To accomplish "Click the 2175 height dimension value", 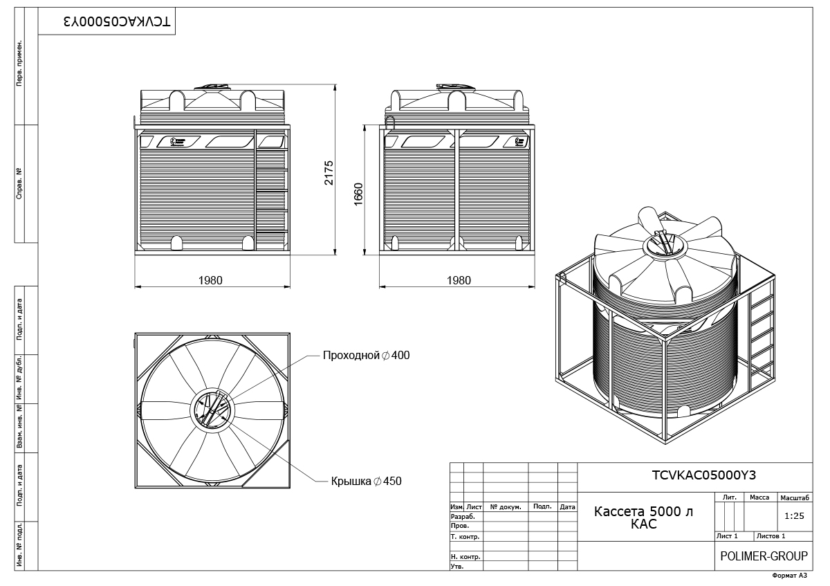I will pos(329,173).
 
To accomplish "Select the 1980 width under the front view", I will pos(210,280).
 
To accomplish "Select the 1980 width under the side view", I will pos(459,280).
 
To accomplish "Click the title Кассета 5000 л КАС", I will pos(643,518).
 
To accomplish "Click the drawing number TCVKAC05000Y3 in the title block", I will pos(694,475).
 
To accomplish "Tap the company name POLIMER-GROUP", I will pos(764,556).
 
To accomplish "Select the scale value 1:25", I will pos(795,516).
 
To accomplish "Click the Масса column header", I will pos(759,497).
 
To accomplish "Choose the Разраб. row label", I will pos(463,516).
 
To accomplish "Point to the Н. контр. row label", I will pos(465,556).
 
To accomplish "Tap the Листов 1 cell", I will pos(771,536).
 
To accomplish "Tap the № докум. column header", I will pos(505,507).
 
